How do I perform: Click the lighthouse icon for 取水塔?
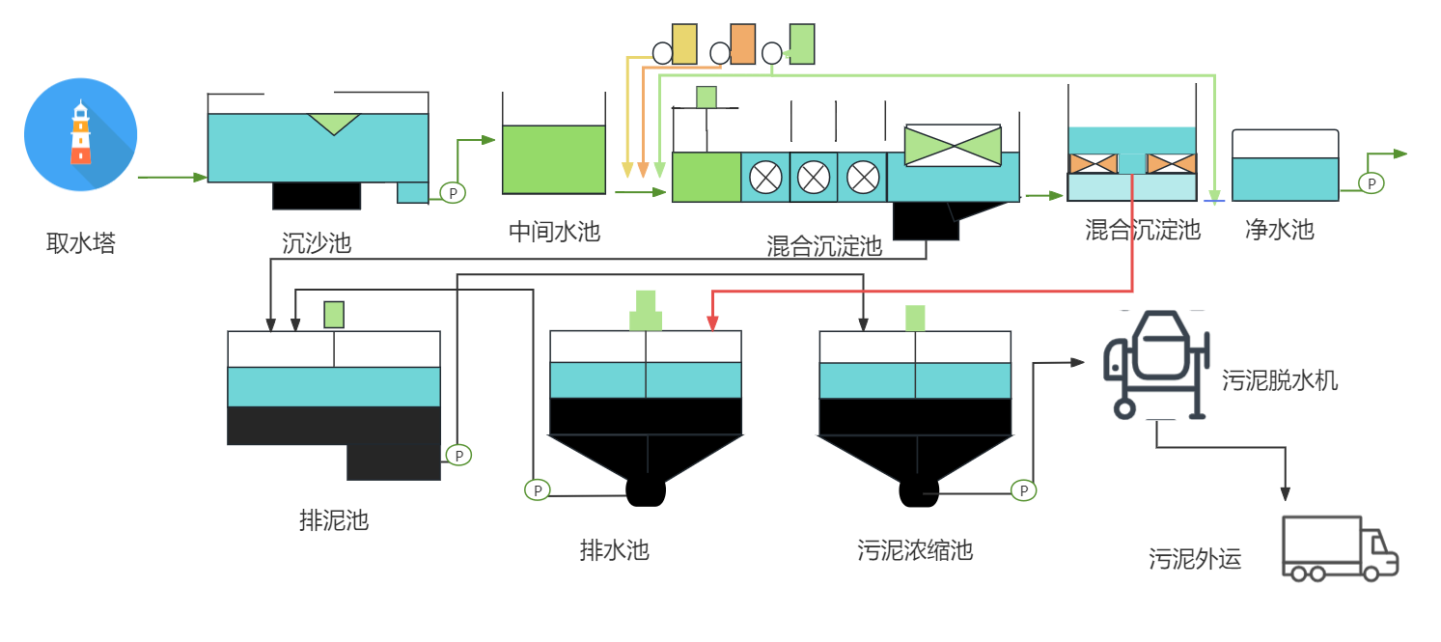pos(81,134)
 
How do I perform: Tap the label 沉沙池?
pos(317,242)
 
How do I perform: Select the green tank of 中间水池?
pos(554,159)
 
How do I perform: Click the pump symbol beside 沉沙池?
pos(453,193)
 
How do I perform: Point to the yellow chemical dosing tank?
pos(684,44)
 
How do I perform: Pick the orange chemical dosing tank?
pos(742,44)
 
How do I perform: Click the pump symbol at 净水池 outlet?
pos(1371,182)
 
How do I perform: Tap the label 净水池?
pos(1279,230)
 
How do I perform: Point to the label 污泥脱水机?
pos(1280,380)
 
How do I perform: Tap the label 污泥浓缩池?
pos(914,551)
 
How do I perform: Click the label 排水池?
pos(614,551)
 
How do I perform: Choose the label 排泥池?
pos(334,521)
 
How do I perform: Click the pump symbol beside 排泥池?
pos(458,455)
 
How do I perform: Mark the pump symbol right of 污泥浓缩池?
pos(1023,490)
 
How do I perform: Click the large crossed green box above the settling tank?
pos(953,146)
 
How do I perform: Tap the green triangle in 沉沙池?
pos(334,124)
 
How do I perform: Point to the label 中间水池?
pos(554,232)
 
